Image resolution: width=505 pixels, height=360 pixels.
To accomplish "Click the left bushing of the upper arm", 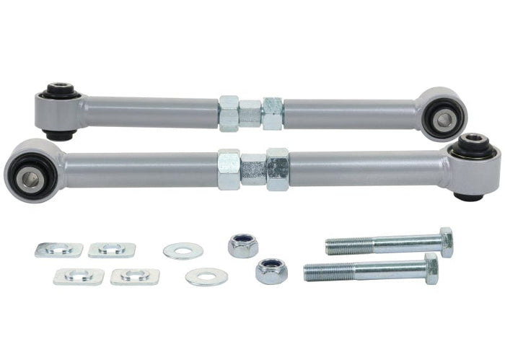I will [60, 110].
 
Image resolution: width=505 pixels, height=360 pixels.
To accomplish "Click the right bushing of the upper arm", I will [441, 114].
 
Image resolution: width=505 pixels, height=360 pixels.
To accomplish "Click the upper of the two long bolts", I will [382, 245].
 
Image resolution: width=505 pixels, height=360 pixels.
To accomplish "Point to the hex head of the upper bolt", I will [446, 242].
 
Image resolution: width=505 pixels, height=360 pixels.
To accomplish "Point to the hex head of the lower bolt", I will [431, 268].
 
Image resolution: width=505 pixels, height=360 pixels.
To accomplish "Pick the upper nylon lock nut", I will [243, 245].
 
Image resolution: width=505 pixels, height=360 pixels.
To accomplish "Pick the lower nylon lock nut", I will [271, 271].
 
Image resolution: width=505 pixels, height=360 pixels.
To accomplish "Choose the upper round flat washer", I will [183, 251].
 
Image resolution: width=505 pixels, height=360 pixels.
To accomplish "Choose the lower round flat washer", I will [206, 276].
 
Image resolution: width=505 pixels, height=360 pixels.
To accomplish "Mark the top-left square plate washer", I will [59, 250].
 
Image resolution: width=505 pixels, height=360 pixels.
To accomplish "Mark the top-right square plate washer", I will [112, 250].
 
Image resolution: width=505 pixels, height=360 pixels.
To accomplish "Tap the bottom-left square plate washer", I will [79, 276].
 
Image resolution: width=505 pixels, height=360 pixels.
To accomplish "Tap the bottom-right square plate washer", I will [135, 276].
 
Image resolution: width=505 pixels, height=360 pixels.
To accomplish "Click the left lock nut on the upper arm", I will [229, 114].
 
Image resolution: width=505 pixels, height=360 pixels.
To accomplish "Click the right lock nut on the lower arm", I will [278, 170].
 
